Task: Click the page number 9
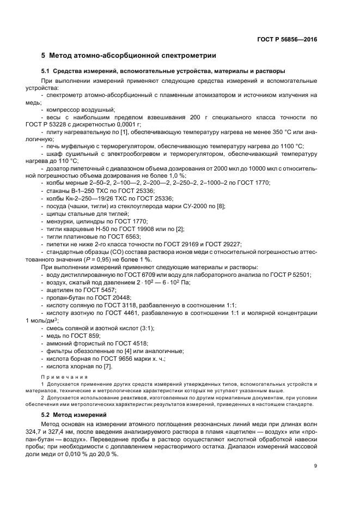tap(315, 465)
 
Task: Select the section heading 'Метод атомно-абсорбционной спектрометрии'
tap(133, 56)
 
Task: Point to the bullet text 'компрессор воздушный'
tap(78, 110)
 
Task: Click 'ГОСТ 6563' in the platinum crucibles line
tap(117, 236)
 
